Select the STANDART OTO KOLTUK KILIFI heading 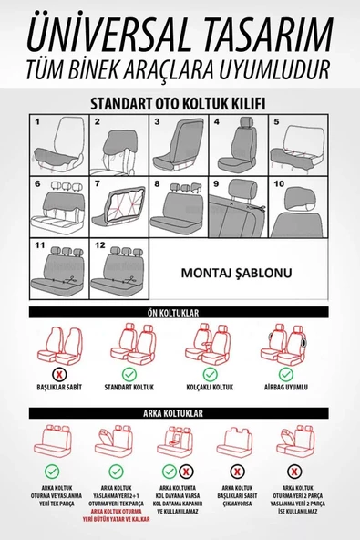[x=179, y=104]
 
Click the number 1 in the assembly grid [x=37, y=120]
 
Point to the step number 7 [x=98, y=183]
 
